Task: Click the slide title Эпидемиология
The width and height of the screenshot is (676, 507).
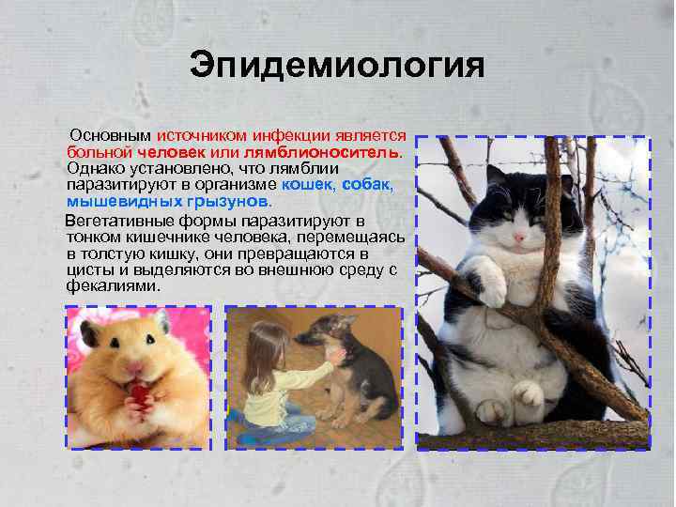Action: [x=337, y=66]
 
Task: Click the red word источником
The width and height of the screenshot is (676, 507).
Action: [x=203, y=135]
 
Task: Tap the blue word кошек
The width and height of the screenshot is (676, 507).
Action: [x=308, y=186]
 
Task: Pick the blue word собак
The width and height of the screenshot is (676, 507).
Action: [x=374, y=186]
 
